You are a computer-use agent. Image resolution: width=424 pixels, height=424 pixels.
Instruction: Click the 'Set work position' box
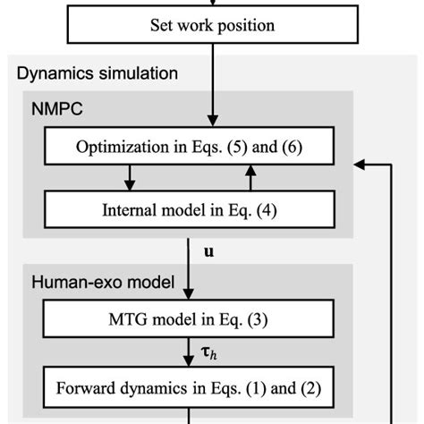pos(212,25)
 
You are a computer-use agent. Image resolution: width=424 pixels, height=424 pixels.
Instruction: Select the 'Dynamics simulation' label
pos(98,72)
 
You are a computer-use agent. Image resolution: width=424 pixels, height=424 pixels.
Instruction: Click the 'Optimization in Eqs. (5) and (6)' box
pos(190,147)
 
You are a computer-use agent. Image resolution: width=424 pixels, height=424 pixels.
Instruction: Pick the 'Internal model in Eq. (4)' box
pos(190,211)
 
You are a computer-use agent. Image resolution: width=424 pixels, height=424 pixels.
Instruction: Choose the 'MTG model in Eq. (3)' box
pos(190,322)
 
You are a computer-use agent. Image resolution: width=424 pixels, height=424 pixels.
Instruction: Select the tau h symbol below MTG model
pos(211,354)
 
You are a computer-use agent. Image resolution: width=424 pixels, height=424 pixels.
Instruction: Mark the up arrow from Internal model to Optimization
pos(251,178)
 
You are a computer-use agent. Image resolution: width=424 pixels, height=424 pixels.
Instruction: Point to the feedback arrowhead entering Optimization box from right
pos(360,164)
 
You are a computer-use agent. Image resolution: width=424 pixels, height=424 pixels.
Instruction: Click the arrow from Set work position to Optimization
pos(212,85)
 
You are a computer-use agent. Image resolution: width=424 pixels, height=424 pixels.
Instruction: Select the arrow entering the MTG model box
pos(190,277)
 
